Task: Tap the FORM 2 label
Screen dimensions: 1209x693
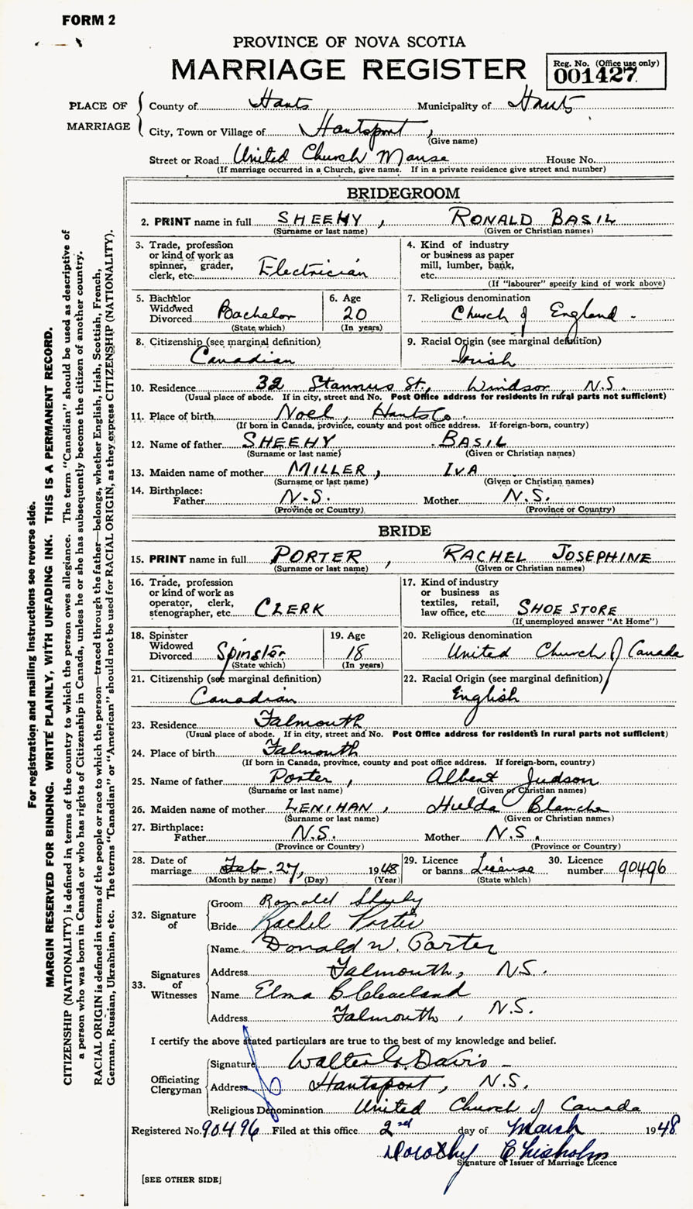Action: (x=88, y=21)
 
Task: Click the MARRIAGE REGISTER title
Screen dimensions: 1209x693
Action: (x=348, y=70)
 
